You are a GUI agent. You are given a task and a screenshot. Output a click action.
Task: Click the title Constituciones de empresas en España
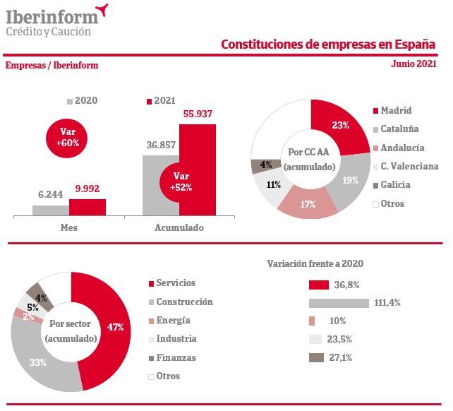click(328, 44)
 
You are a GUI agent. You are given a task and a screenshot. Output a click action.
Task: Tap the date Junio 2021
click(413, 64)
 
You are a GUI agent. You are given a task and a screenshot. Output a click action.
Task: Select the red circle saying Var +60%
click(67, 137)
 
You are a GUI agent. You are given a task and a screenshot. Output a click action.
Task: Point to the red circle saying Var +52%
click(181, 181)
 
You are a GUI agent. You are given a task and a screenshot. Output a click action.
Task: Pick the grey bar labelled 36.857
click(160, 184)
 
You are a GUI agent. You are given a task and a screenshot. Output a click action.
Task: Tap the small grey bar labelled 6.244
click(50, 210)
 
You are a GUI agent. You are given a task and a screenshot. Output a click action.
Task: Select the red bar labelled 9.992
click(87, 207)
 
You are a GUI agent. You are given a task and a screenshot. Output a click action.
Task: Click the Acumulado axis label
click(179, 228)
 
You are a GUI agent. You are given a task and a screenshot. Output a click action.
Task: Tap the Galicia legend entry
click(395, 185)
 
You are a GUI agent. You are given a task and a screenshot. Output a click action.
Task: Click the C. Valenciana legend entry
click(409, 167)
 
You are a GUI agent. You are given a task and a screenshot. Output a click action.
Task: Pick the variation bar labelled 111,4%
click(339, 303)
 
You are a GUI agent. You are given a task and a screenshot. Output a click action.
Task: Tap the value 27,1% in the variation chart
click(341, 358)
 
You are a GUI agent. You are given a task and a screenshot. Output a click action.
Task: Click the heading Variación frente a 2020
click(315, 263)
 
